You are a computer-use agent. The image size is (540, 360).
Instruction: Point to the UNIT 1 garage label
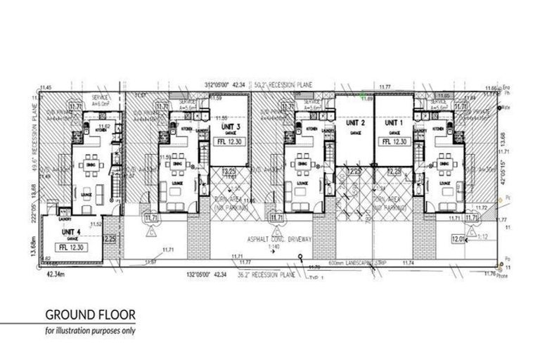tap(392, 123)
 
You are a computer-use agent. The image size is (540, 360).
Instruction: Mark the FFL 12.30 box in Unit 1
tap(394, 141)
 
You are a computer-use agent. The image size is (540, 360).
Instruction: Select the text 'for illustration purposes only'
tap(90, 330)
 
